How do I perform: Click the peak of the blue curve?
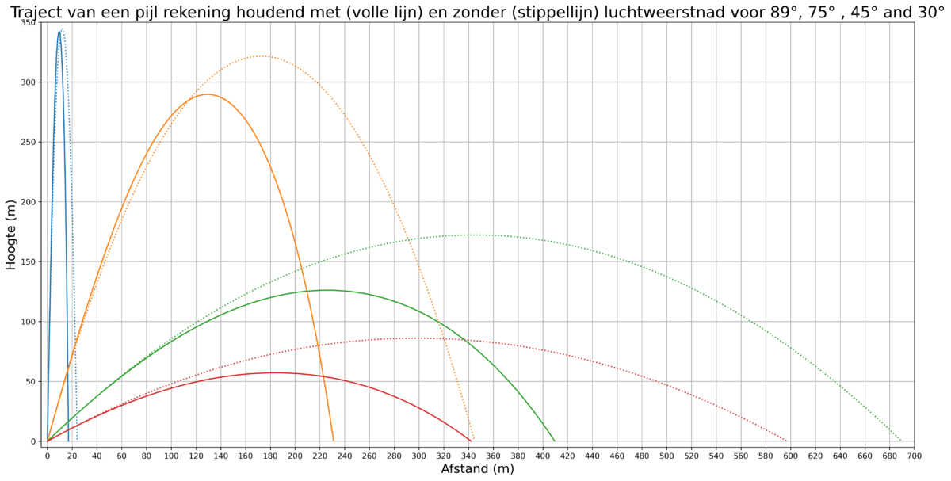pos(61,29)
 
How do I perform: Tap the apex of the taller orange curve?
pos(261,56)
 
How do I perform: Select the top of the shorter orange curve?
pos(207,94)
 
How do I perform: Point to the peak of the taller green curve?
pos(479,235)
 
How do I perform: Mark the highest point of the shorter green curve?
pos(329,290)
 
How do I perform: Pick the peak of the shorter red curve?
pos(273,372)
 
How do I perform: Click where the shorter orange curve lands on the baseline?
pos(334,441)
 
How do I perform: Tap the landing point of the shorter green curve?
pos(555,441)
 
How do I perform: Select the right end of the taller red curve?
pos(789,441)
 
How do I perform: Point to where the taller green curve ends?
pos(902,441)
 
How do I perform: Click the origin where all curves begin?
pos(47,441)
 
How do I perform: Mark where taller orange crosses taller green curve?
pos(407,239)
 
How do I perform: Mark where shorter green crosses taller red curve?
pos(470,342)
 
